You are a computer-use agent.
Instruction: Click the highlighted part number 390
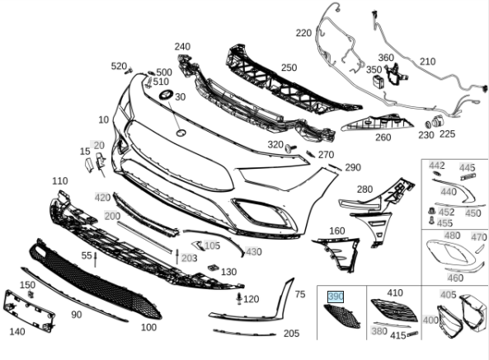click(336, 297)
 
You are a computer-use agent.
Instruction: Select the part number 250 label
click(289, 68)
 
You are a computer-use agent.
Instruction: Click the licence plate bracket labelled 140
click(29, 311)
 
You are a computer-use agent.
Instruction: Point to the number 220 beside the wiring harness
click(303, 33)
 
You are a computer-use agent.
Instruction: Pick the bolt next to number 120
click(239, 298)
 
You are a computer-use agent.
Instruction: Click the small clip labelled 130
click(213, 268)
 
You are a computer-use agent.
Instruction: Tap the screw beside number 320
click(290, 147)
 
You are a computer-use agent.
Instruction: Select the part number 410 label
click(395, 292)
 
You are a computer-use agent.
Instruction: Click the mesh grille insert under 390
click(342, 316)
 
